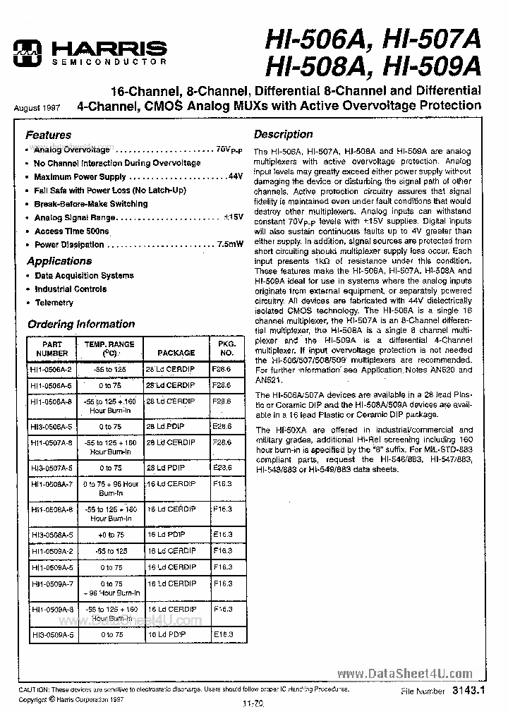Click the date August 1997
tap(37, 109)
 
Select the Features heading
tap(49, 135)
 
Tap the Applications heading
tap(59, 261)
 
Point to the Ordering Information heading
tap(80, 325)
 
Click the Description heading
tap(283, 134)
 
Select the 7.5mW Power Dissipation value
tap(228, 245)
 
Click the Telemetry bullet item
tap(54, 303)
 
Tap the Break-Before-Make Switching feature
tap(90, 204)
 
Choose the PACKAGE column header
tap(176, 353)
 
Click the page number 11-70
tap(253, 703)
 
